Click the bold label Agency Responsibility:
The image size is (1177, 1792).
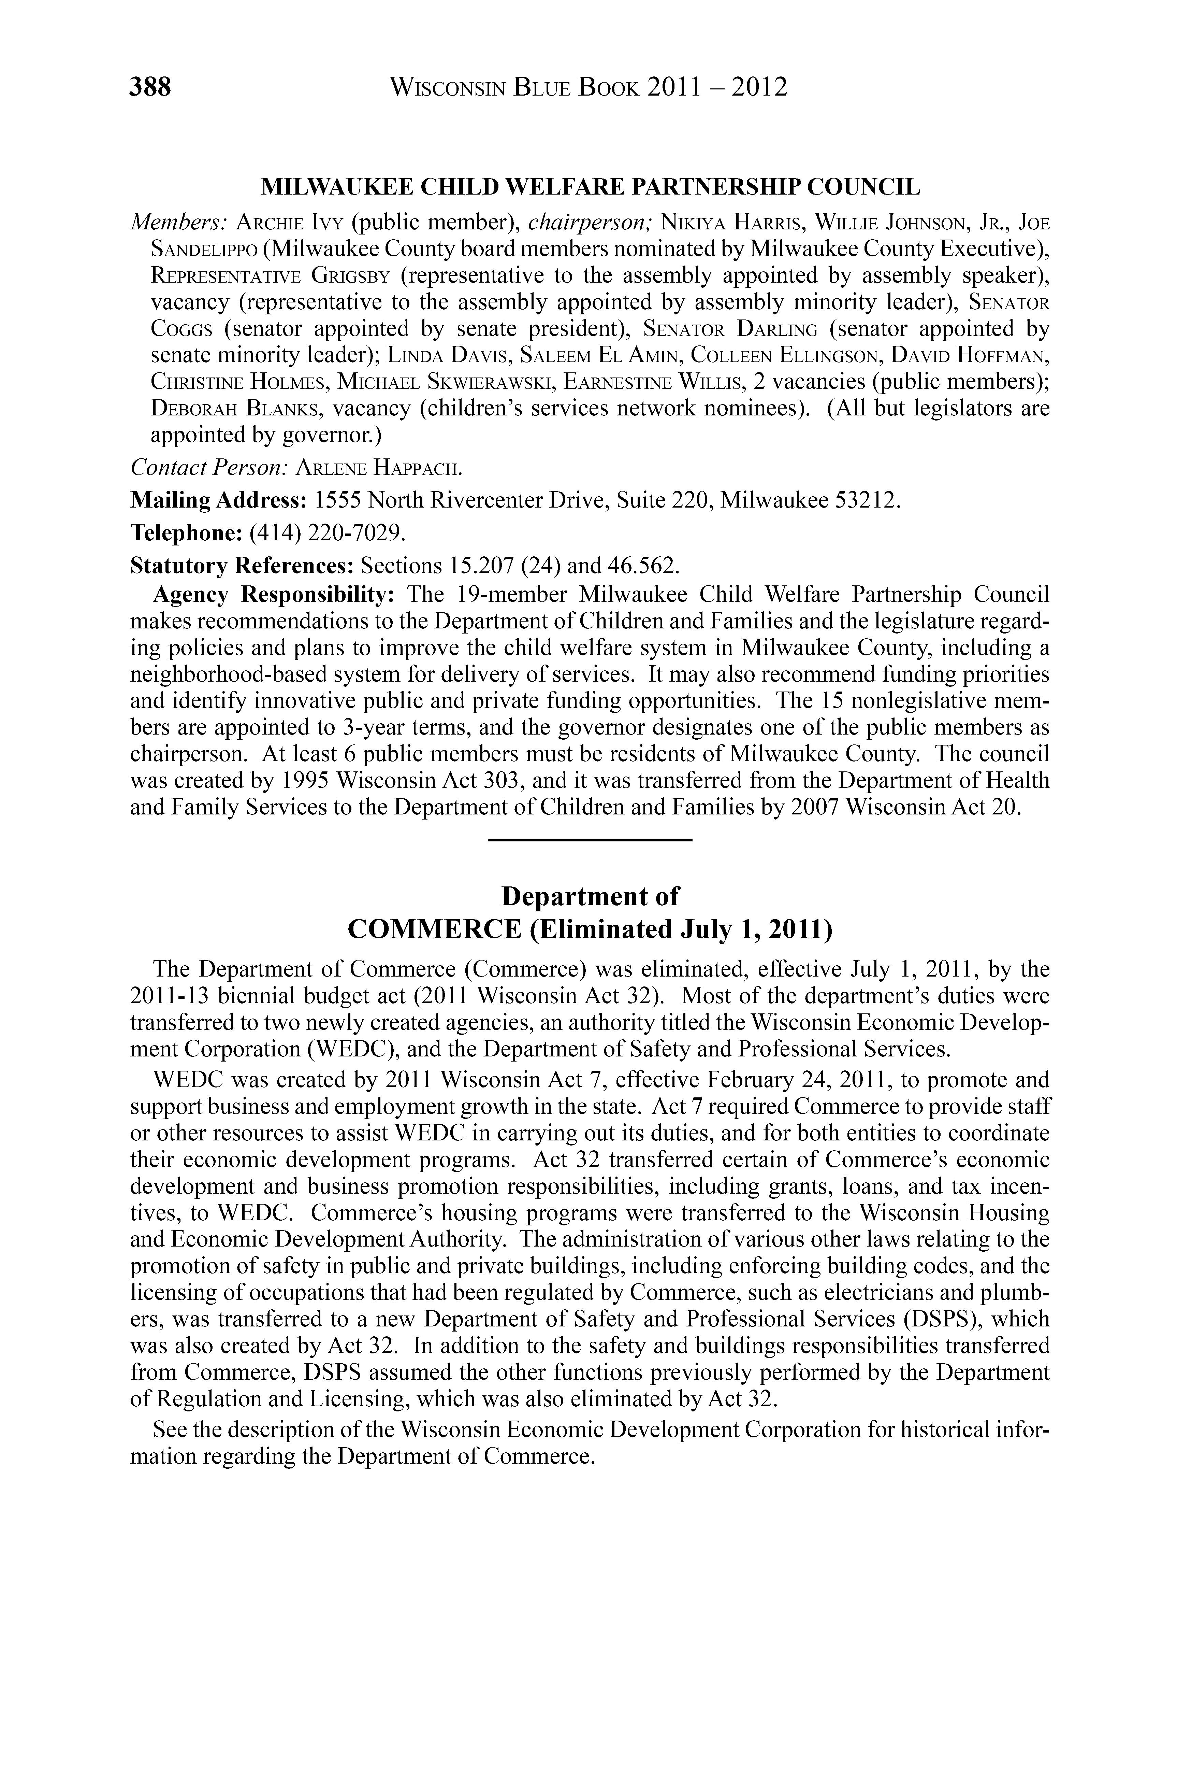pos(274,595)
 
